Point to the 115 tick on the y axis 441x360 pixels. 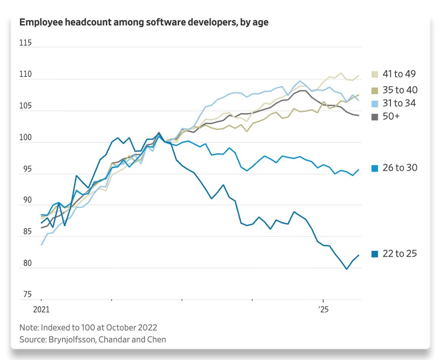click(x=25, y=43)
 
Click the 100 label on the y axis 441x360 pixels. click(x=25, y=138)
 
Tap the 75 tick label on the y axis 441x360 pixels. click(x=25, y=295)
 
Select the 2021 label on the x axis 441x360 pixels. click(x=41, y=309)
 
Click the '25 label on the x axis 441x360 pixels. click(x=323, y=309)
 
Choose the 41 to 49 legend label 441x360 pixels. click(x=399, y=74)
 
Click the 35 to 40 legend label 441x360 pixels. click(x=399, y=90)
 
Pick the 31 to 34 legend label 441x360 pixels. click(x=399, y=103)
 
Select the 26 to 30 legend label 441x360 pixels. click(x=399, y=168)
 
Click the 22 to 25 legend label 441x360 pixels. click(x=399, y=254)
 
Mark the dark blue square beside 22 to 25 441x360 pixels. click(x=374, y=254)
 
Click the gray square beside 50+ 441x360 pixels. click(x=374, y=117)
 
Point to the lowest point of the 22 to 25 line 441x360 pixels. click(x=346, y=269)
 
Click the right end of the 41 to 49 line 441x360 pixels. click(x=359, y=75)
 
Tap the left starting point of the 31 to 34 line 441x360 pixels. click(x=41, y=245)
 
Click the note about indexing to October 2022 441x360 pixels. click(x=88, y=327)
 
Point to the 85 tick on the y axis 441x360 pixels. click(x=25, y=232)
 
